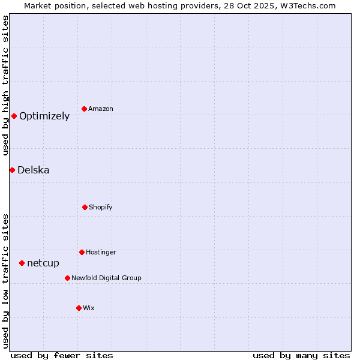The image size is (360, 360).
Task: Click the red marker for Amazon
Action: click(85, 109)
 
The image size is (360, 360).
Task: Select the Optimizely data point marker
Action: click(14, 116)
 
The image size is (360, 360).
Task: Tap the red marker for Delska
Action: click(12, 170)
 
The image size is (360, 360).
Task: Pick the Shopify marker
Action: click(85, 207)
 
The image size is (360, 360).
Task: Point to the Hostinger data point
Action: click(82, 252)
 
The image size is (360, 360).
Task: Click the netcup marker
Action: click(22, 263)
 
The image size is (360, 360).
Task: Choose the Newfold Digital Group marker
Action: click(67, 278)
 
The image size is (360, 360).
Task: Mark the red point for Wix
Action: click(79, 308)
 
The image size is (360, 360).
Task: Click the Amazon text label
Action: click(101, 109)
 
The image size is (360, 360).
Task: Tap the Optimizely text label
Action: click(44, 116)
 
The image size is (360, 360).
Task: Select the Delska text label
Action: click(34, 170)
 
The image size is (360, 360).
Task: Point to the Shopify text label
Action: click(101, 207)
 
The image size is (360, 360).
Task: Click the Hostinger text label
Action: click(101, 252)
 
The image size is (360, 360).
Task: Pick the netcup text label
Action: click(43, 263)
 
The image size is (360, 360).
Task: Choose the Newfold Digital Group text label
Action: click(106, 278)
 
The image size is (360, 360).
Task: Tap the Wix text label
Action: click(89, 308)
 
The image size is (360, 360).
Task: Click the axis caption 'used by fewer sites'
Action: click(61, 355)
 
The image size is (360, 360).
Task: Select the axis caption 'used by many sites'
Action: click(301, 355)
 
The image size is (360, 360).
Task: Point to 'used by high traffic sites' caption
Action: click(5, 85)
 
